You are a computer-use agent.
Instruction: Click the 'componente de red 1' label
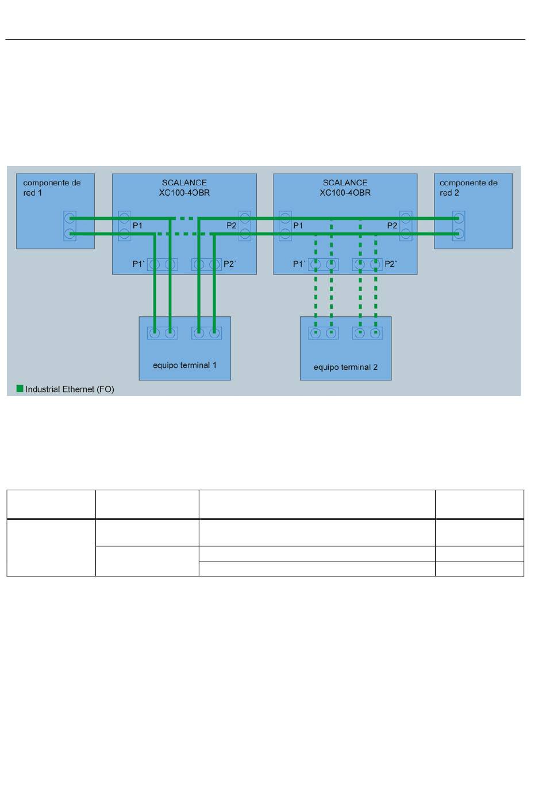point(52,188)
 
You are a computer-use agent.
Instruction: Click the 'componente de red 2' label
point(468,188)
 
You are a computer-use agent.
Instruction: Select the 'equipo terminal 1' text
point(184,365)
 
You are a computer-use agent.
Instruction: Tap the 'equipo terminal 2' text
point(345,367)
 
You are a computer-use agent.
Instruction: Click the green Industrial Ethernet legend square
point(20,389)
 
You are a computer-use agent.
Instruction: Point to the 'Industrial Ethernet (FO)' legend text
point(70,389)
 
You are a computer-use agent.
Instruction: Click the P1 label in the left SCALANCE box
point(137,226)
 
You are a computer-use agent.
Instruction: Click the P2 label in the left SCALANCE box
point(231,226)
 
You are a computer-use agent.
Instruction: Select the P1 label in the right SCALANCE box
point(298,226)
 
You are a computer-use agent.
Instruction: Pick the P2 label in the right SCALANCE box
point(392,226)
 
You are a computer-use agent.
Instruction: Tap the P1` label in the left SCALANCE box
point(139,264)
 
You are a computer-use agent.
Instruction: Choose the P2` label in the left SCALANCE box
point(229,264)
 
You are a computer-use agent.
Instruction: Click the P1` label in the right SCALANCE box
point(299,264)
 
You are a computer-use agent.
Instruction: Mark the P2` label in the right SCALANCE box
point(390,264)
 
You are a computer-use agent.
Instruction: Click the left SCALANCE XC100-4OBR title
point(184,188)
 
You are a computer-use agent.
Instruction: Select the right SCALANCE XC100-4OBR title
point(345,188)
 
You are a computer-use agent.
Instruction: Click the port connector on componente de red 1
point(70,226)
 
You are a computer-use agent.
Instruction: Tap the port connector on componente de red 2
point(459,226)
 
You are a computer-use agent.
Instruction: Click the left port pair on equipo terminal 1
point(162,333)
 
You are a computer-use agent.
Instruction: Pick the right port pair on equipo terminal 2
point(367,333)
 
